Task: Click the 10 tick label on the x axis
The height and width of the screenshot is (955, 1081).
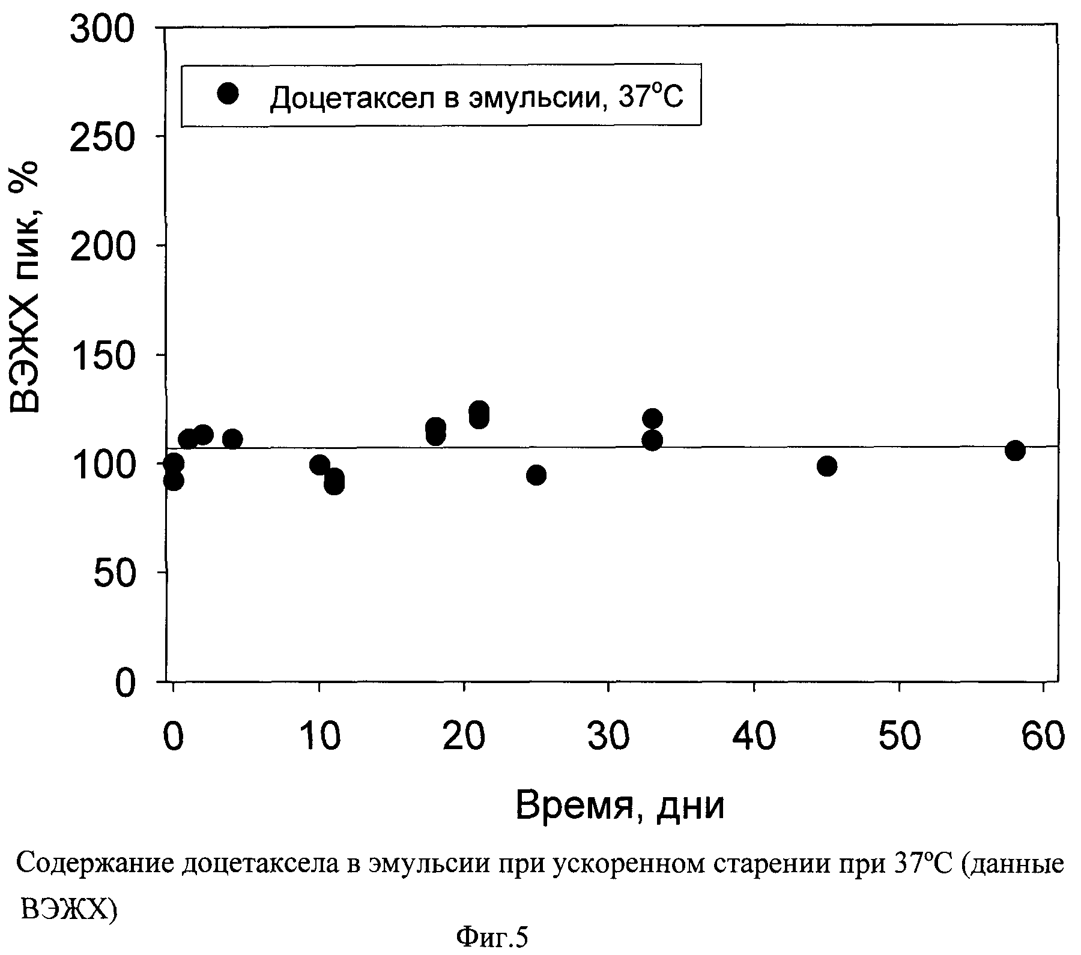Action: pos(319,737)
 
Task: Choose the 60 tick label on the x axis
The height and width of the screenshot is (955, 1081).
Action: pos(1044,737)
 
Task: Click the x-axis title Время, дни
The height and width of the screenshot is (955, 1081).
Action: pos(620,806)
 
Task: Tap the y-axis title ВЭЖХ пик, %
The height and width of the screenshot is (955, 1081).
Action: pos(25,288)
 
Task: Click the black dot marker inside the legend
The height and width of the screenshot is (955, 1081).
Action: pos(228,94)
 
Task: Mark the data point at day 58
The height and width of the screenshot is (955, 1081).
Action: pos(1015,450)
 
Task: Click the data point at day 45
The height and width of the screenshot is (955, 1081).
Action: pos(826,466)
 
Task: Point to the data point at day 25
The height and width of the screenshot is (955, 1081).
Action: pos(536,475)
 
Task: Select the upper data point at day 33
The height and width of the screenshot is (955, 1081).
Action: pos(652,418)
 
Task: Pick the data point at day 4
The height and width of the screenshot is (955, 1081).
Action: pos(232,439)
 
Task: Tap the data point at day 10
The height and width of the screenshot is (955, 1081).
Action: pos(319,465)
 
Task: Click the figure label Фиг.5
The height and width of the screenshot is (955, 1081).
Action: pos(491,938)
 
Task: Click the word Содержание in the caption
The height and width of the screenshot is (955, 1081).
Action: pos(97,865)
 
